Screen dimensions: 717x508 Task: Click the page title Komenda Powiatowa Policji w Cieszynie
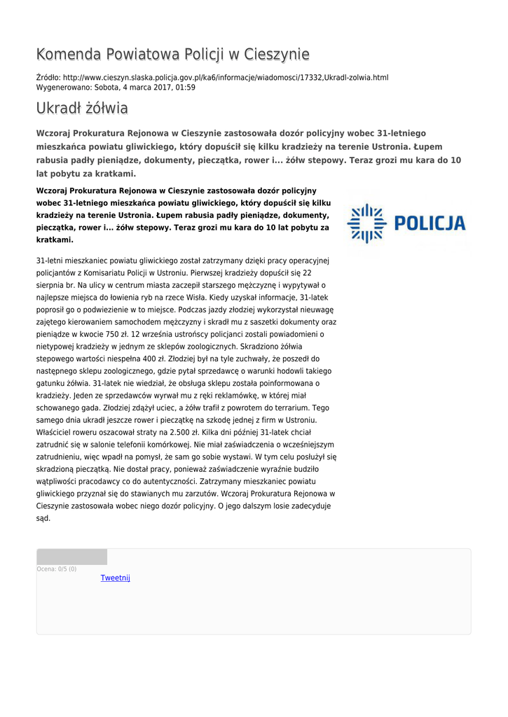(x=172, y=55)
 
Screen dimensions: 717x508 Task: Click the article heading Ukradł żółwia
(x=82, y=109)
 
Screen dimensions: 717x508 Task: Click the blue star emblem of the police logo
(x=366, y=223)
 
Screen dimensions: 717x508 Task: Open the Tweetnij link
(x=115, y=578)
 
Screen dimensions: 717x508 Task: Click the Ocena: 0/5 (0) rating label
(x=57, y=569)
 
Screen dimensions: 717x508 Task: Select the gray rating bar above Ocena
(x=71, y=557)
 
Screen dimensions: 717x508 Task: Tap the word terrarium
(x=289, y=408)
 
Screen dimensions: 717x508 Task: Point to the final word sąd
(x=43, y=518)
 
